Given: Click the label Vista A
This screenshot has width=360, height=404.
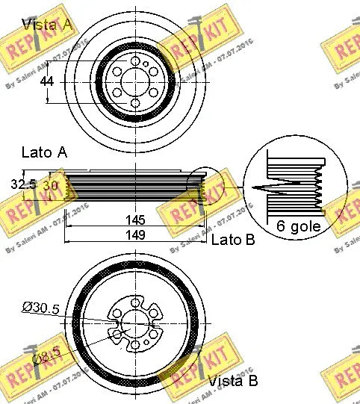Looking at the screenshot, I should coord(48,25).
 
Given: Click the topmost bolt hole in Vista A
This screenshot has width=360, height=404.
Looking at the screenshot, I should coord(134,61).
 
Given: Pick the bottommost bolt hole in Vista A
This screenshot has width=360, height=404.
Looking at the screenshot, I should coord(134,104).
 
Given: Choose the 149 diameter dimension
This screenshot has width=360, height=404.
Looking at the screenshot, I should coord(135,234).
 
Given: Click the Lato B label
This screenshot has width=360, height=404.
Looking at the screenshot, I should coord(233,239).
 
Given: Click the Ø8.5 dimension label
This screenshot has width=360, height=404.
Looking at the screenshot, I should coord(49,359).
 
